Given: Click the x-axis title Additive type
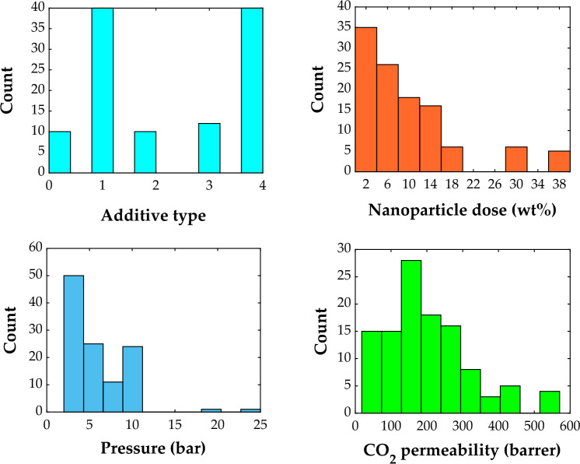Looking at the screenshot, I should point(153,216).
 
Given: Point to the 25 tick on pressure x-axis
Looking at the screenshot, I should point(260,426).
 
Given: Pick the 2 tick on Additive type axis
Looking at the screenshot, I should point(155,185).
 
